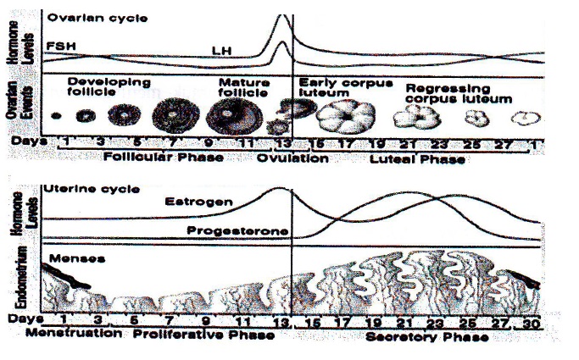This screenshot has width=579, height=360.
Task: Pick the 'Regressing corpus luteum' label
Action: pos(458,93)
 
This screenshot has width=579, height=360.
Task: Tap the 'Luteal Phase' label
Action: pos(415,158)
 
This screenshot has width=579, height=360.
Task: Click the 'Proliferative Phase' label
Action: pos(203,335)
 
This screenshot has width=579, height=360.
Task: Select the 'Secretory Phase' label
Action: pos(426,336)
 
